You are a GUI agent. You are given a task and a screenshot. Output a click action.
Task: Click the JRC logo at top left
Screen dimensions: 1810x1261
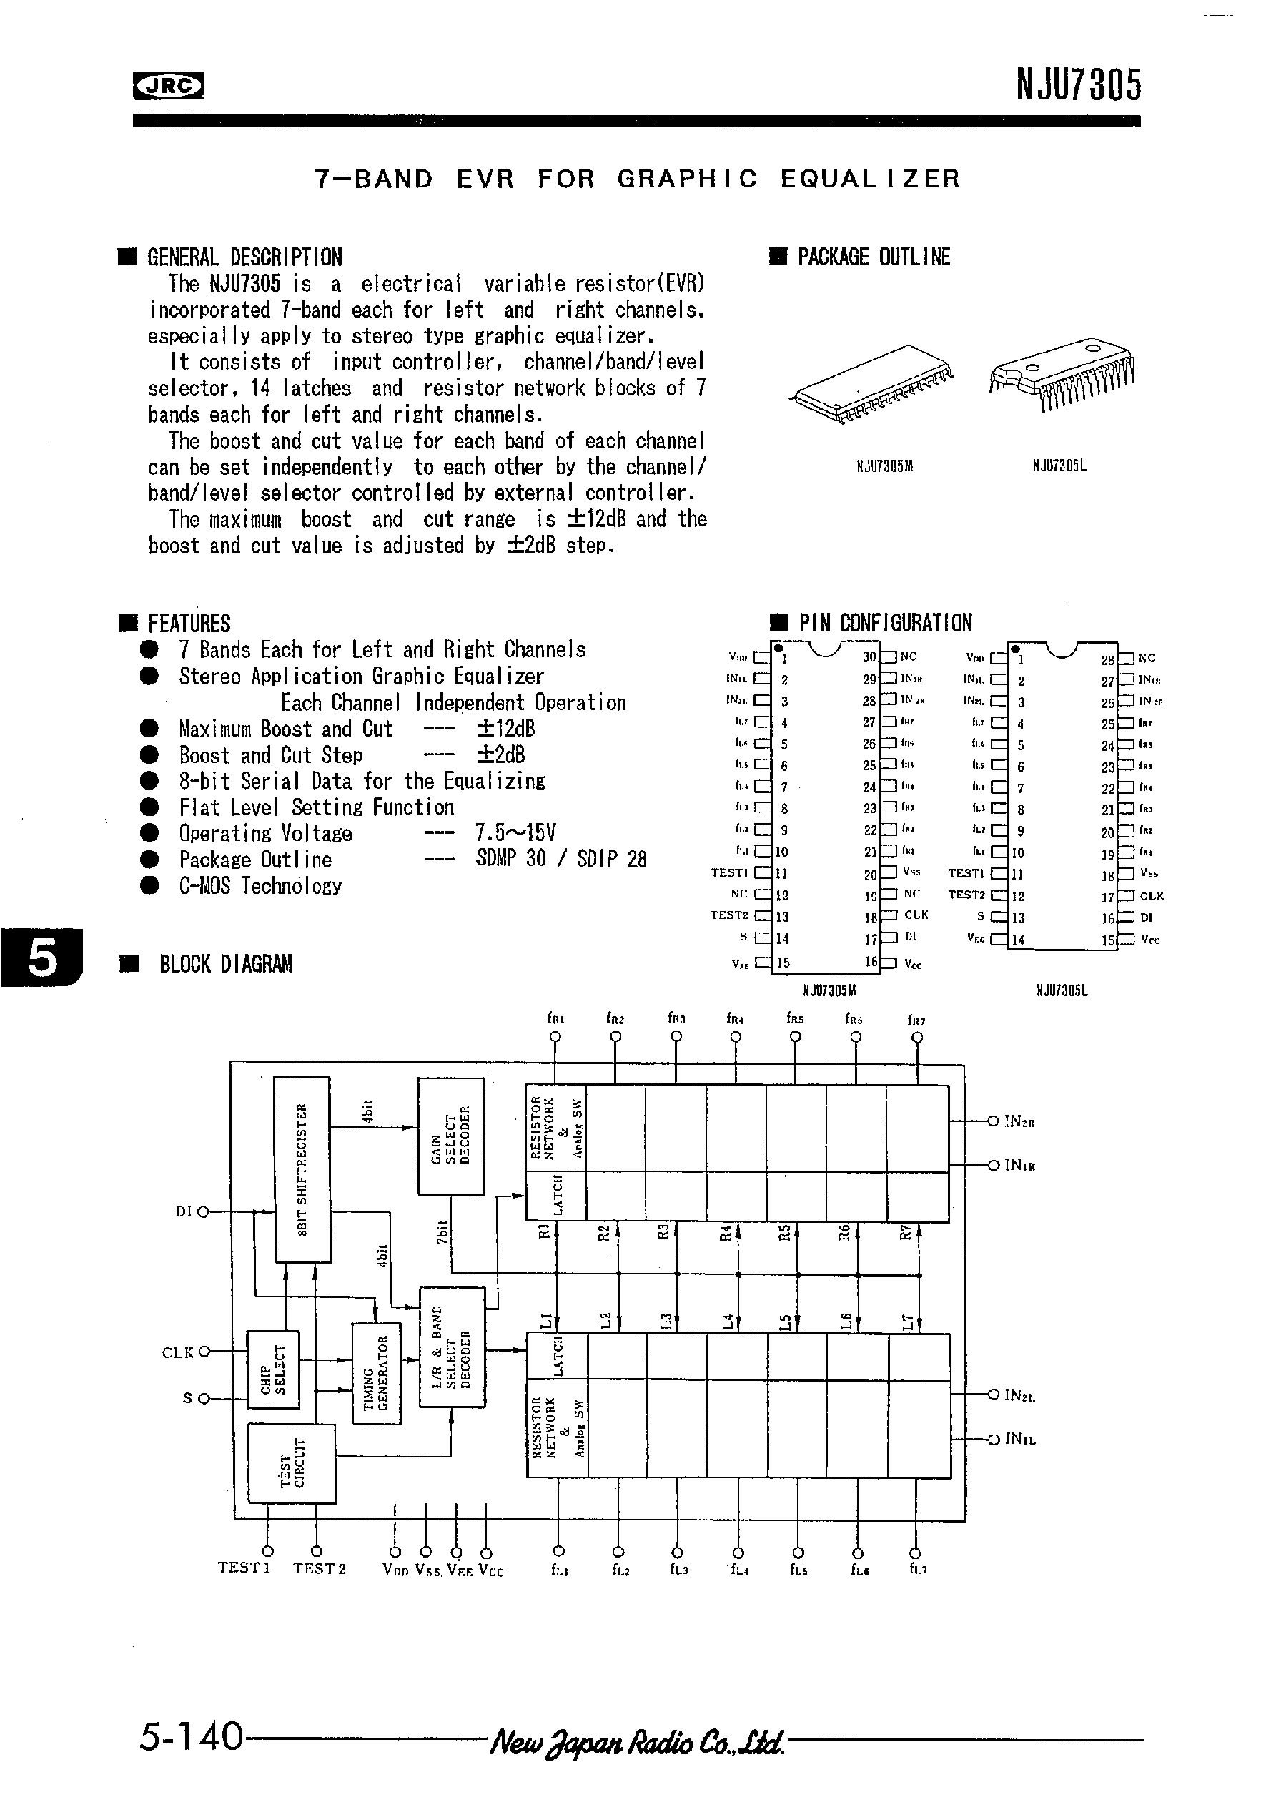168,86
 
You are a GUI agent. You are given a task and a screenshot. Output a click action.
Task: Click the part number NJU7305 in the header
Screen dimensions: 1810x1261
1077,85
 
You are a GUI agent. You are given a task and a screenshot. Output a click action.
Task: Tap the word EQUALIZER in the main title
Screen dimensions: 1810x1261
870,179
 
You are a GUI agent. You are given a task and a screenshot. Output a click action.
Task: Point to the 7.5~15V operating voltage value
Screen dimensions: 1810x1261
515,833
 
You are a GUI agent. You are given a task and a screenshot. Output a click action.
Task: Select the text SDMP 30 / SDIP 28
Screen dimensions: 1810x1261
560,860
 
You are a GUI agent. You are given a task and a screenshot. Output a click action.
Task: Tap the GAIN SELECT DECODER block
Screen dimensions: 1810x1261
450,1136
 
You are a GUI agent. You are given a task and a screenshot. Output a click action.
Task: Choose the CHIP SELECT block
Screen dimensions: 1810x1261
272,1369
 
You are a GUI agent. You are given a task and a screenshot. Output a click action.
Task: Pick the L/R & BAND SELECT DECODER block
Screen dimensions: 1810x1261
452,1347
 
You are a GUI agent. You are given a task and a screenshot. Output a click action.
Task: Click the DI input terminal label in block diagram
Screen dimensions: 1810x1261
184,1211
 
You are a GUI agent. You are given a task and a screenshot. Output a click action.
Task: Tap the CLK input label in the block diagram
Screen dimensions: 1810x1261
178,1353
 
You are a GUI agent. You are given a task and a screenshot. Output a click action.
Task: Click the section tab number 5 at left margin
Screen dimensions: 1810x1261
41,958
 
